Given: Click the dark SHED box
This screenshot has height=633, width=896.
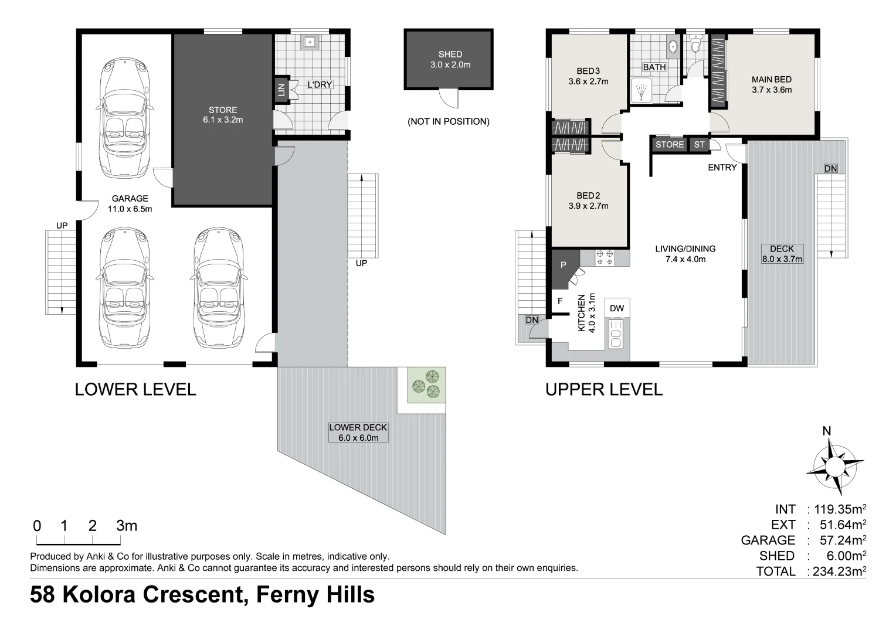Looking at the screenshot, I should [447, 60].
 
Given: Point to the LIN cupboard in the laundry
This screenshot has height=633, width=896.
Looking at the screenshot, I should [281, 89].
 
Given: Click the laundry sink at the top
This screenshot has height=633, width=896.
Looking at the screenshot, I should [310, 42].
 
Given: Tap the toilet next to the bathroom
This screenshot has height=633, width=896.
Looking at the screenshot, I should [696, 45].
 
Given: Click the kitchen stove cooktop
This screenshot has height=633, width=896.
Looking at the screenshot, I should [605, 258].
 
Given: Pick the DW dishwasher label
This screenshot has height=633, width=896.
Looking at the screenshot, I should [616, 308].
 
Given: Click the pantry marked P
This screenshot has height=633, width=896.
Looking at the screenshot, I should [563, 266].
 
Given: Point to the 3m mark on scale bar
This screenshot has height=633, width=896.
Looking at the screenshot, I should [126, 526].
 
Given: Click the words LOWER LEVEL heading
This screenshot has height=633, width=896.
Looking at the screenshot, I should [135, 389].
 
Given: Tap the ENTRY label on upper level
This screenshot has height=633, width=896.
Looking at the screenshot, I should [722, 168].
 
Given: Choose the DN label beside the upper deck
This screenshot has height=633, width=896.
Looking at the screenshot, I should [830, 169].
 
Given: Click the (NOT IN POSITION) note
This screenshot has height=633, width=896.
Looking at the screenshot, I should [448, 122].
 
